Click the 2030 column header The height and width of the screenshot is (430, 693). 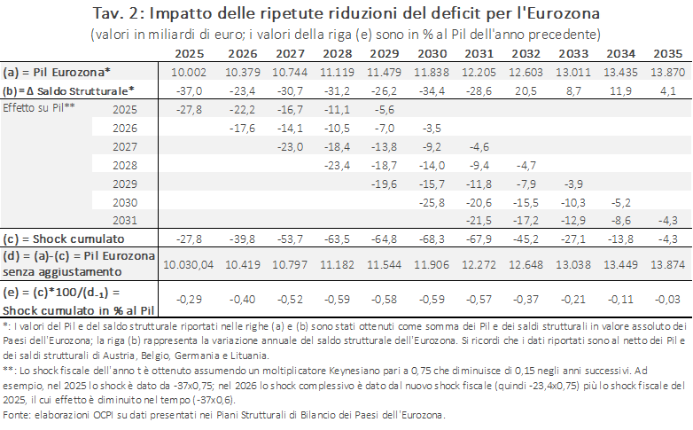coord(432,53)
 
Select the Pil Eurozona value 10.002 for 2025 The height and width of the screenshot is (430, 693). coord(189,72)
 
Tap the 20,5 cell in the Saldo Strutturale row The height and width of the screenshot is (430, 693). coord(526,91)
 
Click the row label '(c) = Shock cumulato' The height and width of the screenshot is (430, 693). coord(64,238)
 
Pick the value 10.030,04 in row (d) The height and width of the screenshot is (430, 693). coord(188,264)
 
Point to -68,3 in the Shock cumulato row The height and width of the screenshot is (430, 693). coord(432,238)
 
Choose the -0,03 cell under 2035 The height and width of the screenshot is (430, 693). coord(668,300)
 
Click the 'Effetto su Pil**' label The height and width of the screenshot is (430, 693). coord(39,108)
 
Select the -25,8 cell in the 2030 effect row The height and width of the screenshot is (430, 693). coord(432,203)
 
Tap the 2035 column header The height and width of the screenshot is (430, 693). coord(668,53)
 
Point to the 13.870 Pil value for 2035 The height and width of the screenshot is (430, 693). coord(668,72)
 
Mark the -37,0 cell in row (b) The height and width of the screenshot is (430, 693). coord(189,91)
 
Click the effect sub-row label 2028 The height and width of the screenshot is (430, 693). coord(125,166)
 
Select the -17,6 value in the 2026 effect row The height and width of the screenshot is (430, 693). coord(242,129)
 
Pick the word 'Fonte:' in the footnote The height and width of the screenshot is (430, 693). coord(17,415)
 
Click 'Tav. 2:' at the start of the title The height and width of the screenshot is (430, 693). coord(119,13)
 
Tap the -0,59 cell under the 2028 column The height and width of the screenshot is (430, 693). coord(338,300)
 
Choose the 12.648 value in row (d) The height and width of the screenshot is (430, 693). coord(526,264)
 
